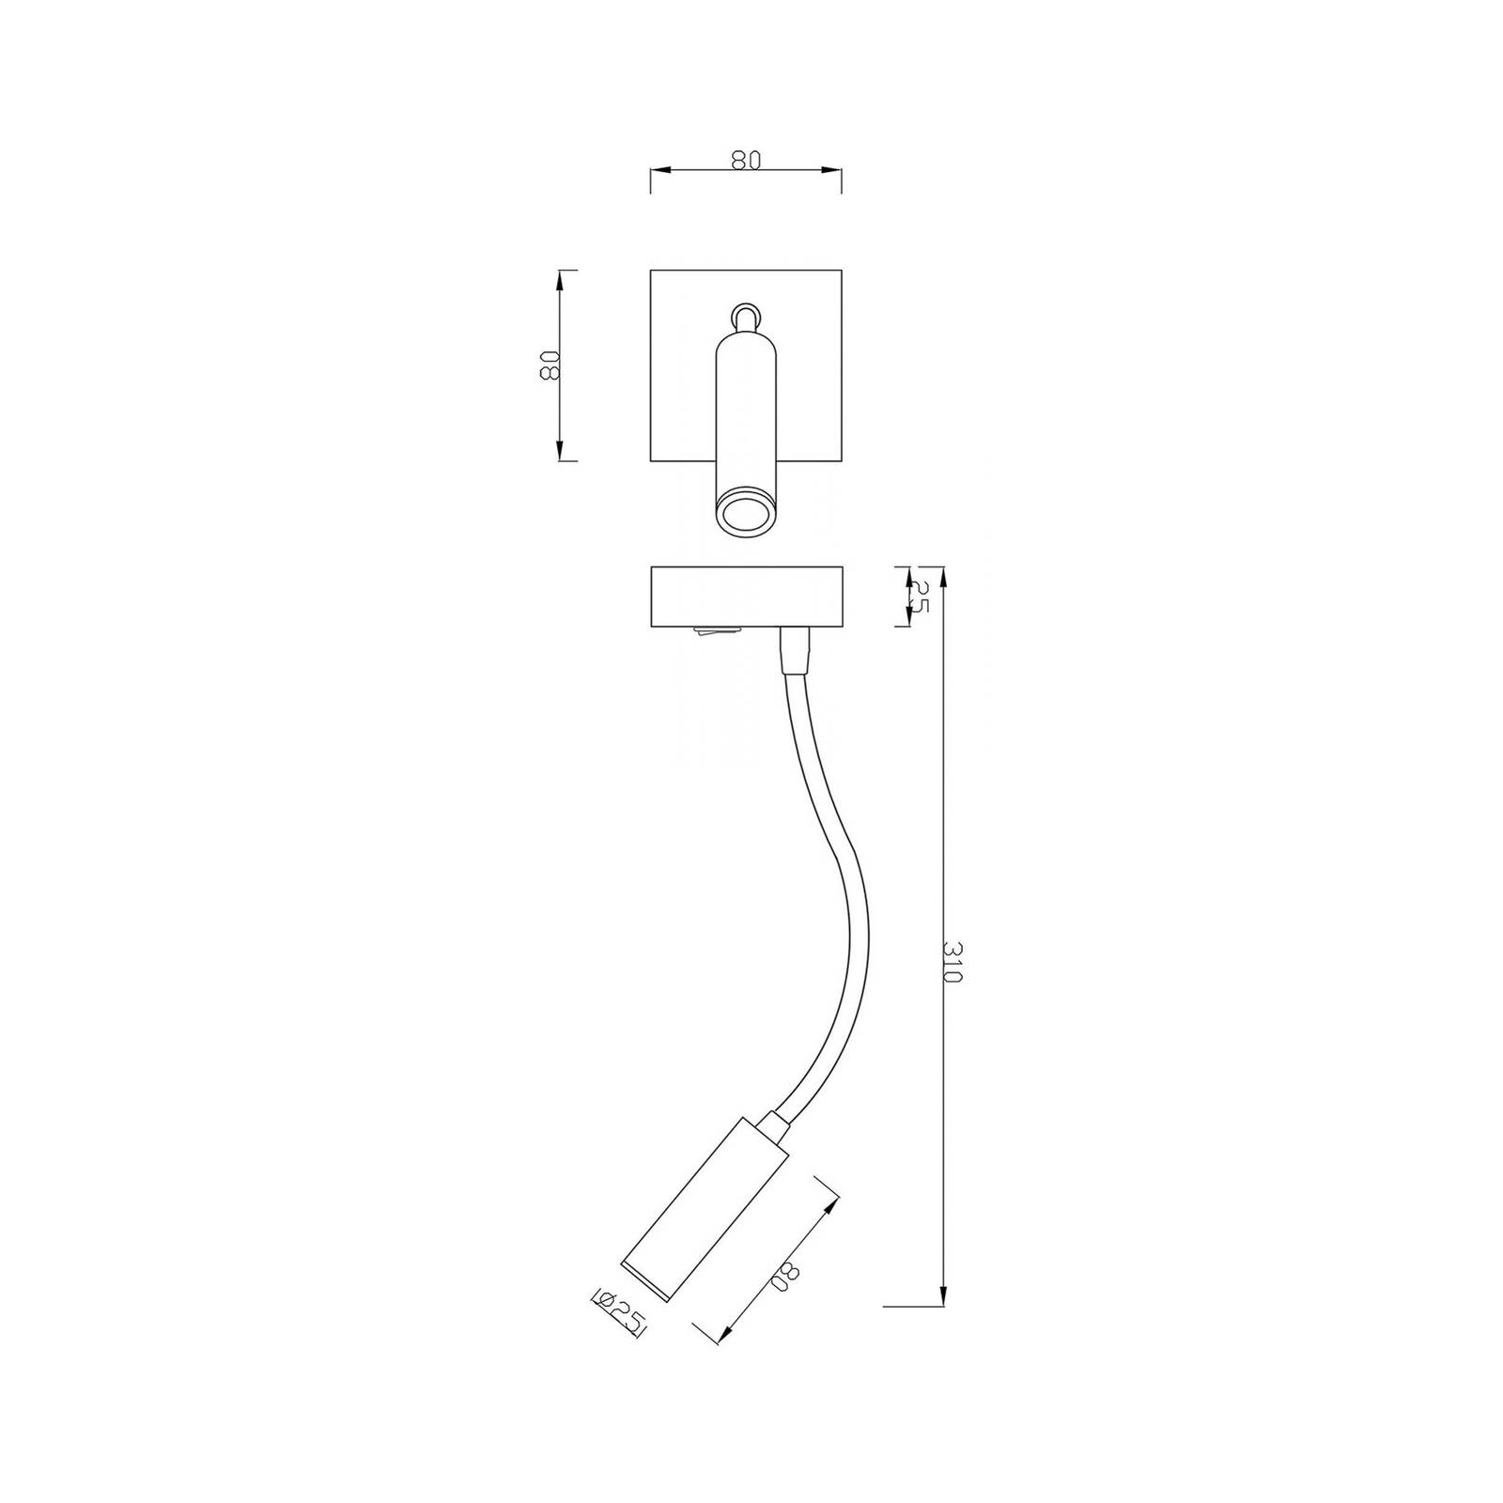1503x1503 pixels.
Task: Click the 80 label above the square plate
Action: point(744,161)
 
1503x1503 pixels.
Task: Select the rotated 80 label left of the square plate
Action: point(548,365)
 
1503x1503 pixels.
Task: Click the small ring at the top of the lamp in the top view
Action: point(745,315)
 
